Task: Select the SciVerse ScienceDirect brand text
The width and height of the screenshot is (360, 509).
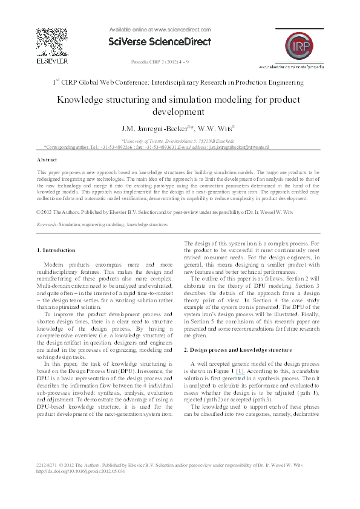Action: click(x=159, y=42)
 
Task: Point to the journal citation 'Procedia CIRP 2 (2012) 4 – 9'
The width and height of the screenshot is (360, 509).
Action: click(x=160, y=62)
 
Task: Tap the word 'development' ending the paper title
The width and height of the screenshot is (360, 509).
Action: click(x=179, y=112)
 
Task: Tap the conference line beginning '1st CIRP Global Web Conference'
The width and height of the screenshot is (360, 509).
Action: click(x=180, y=82)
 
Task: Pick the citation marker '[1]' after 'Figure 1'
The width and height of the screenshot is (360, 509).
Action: click(x=240, y=368)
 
